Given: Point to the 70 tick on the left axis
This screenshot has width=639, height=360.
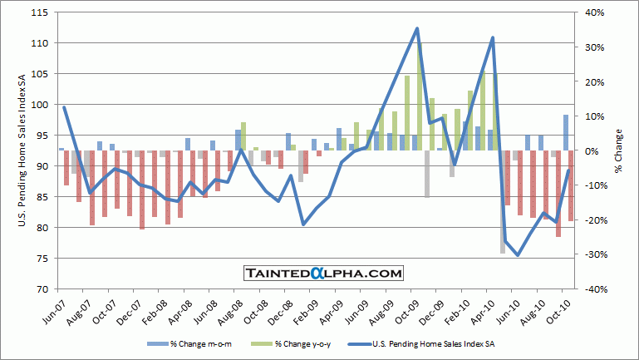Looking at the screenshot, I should coord(44,289).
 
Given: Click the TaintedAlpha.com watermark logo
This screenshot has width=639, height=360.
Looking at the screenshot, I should coord(323,273).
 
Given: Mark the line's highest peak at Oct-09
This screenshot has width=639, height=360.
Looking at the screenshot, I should coord(416,28).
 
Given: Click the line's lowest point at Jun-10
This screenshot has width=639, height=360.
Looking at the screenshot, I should coord(518,255).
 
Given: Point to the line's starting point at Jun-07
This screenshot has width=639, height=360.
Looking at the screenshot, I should coord(64,107).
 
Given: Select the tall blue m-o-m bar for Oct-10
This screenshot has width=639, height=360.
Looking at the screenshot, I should coord(566,133).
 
